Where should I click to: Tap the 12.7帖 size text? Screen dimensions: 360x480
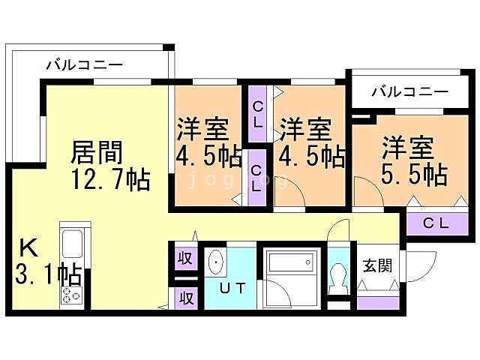pyautogui.click(x=111, y=181)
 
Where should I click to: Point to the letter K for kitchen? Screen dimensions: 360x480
pyautogui.click(x=27, y=247)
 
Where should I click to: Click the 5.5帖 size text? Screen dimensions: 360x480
pyautogui.click(x=414, y=174)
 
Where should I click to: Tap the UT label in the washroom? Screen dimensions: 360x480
pyautogui.click(x=230, y=287)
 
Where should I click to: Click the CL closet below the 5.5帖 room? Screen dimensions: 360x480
pyautogui.click(x=436, y=223)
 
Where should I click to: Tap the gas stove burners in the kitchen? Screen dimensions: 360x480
pyautogui.click(x=71, y=295)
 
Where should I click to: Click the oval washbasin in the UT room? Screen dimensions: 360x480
pyautogui.click(x=217, y=262)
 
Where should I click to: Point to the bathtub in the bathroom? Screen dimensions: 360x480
pyautogui.click(x=289, y=262)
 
